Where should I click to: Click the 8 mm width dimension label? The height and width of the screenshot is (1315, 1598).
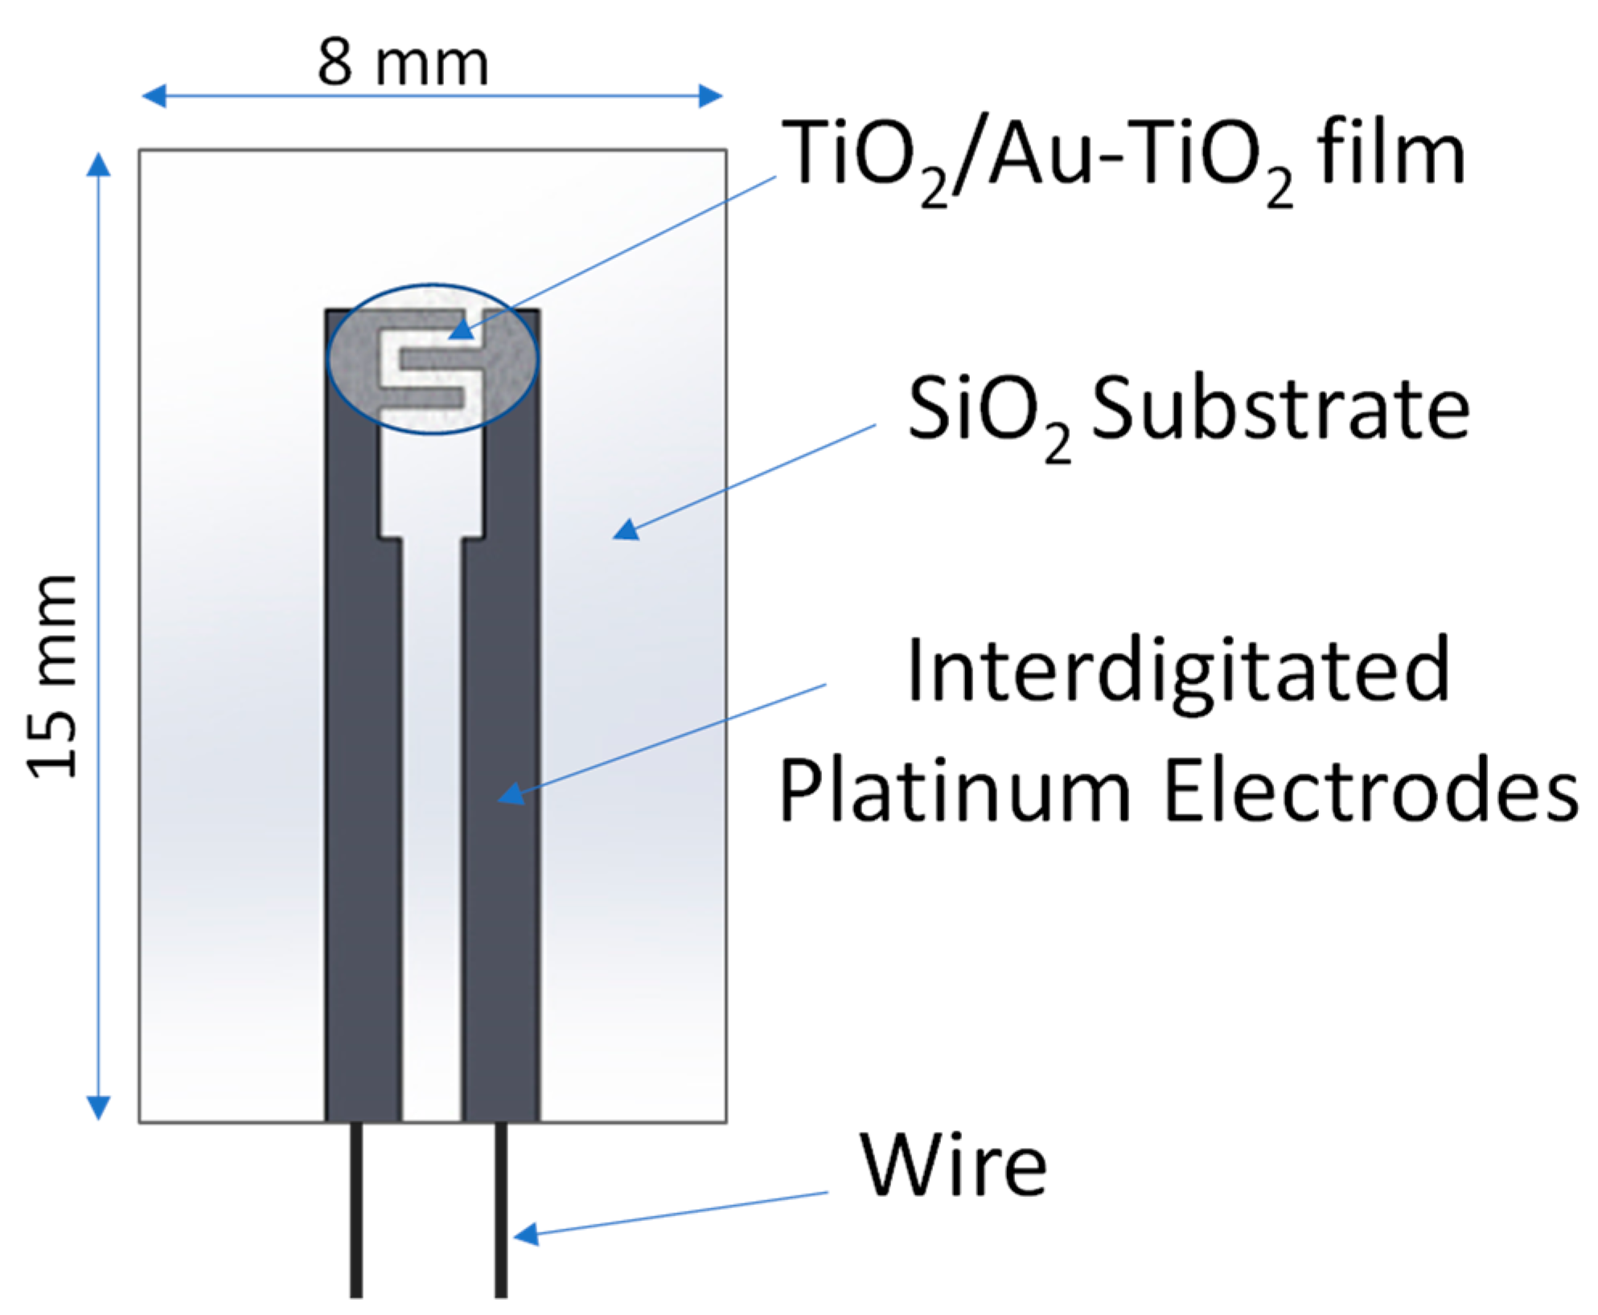pos(402,63)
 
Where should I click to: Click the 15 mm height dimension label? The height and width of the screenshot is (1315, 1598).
pos(52,677)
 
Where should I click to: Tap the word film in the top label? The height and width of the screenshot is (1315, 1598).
pos(1391,154)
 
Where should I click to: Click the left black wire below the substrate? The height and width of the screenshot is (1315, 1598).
pos(356,1210)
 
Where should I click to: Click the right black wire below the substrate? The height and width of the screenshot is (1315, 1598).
pos(501,1210)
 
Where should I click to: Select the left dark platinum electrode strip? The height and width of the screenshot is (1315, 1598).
pos(362,804)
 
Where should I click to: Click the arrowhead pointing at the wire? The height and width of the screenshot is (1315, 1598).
pos(526,1234)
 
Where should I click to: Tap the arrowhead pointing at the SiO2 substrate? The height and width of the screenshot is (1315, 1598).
pos(626,530)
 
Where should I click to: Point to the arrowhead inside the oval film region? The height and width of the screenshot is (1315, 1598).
pos(462,330)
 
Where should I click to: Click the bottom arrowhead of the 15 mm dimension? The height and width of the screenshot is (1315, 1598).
pos(98,1108)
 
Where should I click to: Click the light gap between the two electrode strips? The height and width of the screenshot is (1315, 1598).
pos(432,804)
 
